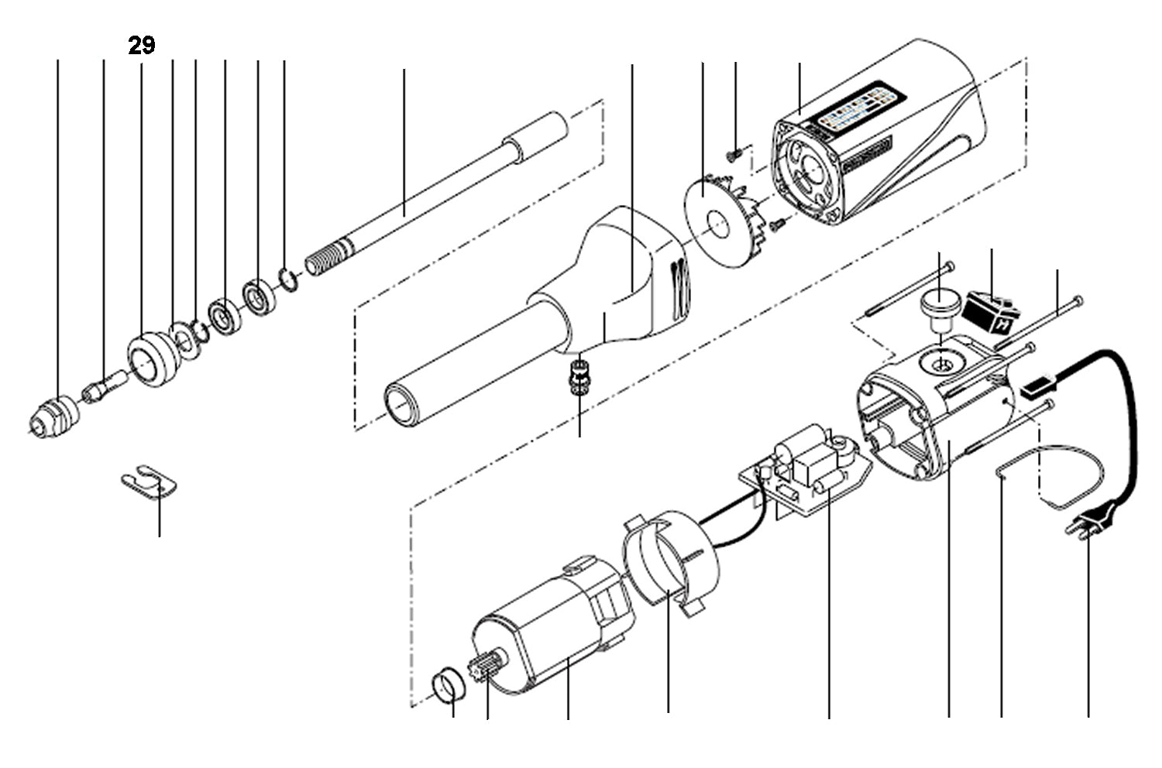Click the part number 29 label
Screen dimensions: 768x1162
(141, 46)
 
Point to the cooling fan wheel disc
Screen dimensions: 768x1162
(713, 223)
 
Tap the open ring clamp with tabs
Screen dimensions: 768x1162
(670, 559)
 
